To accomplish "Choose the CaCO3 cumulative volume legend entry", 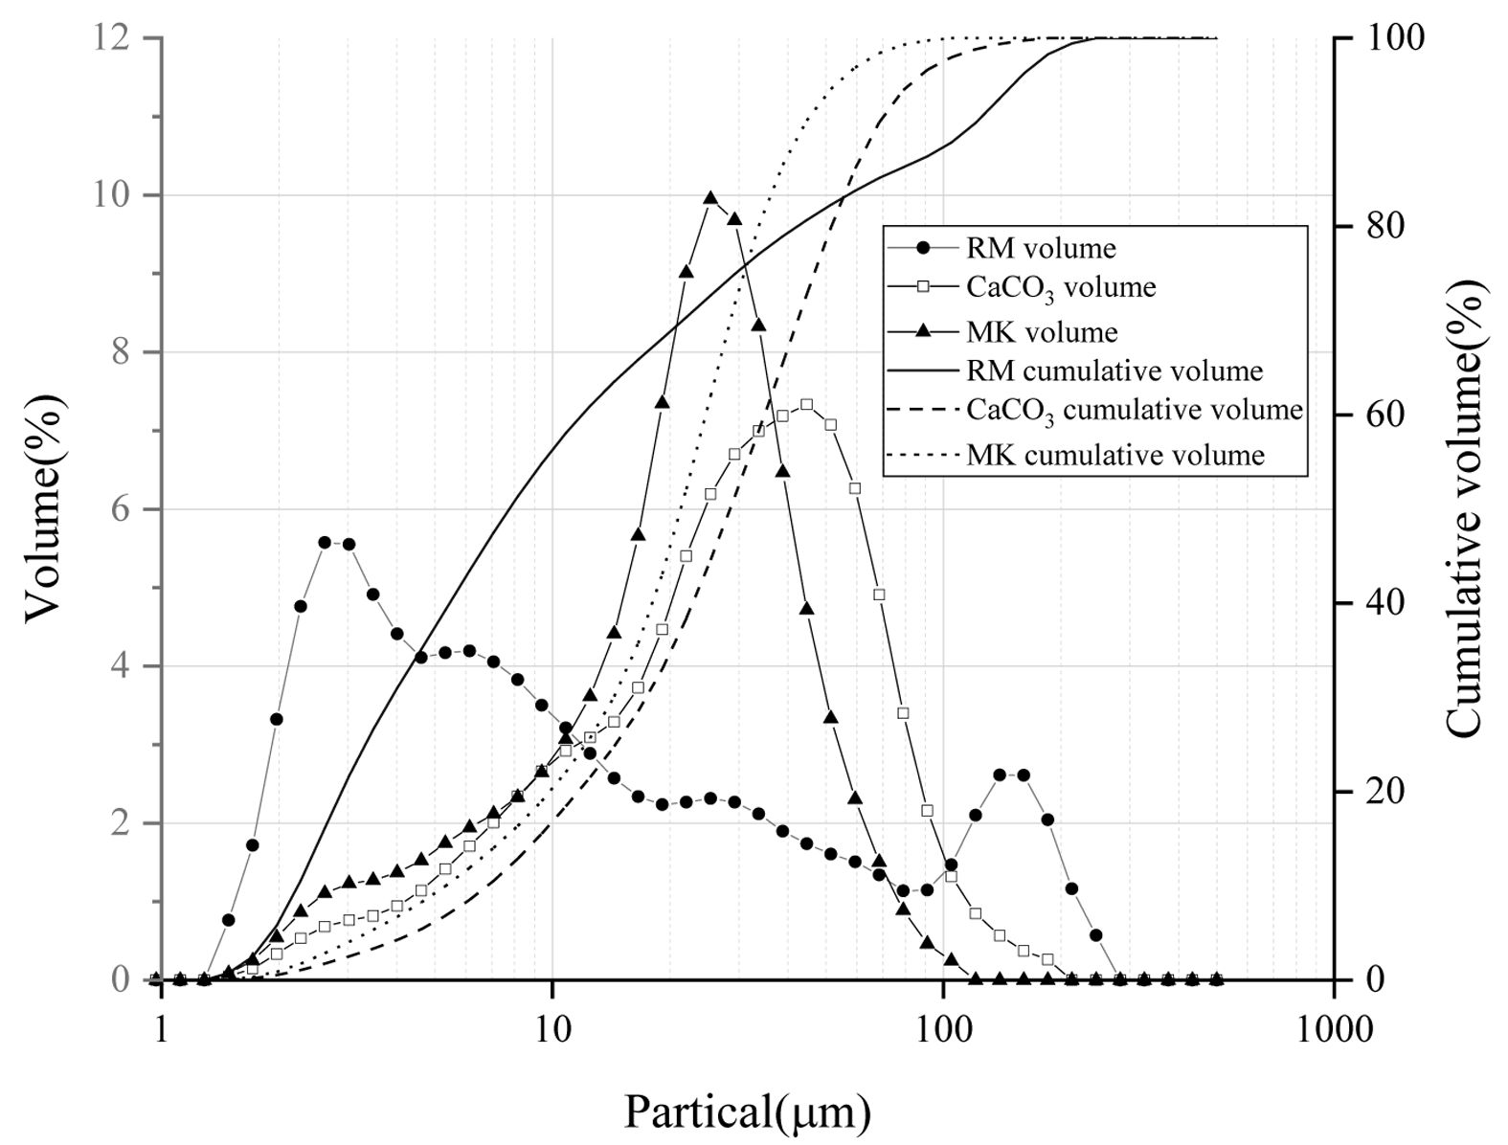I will (x=1135, y=410).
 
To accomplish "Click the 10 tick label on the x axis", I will (x=552, y=1029).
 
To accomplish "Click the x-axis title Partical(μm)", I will (x=748, y=1111).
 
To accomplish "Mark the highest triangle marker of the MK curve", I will (x=710, y=198).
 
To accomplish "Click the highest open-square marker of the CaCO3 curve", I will (x=806, y=405).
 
